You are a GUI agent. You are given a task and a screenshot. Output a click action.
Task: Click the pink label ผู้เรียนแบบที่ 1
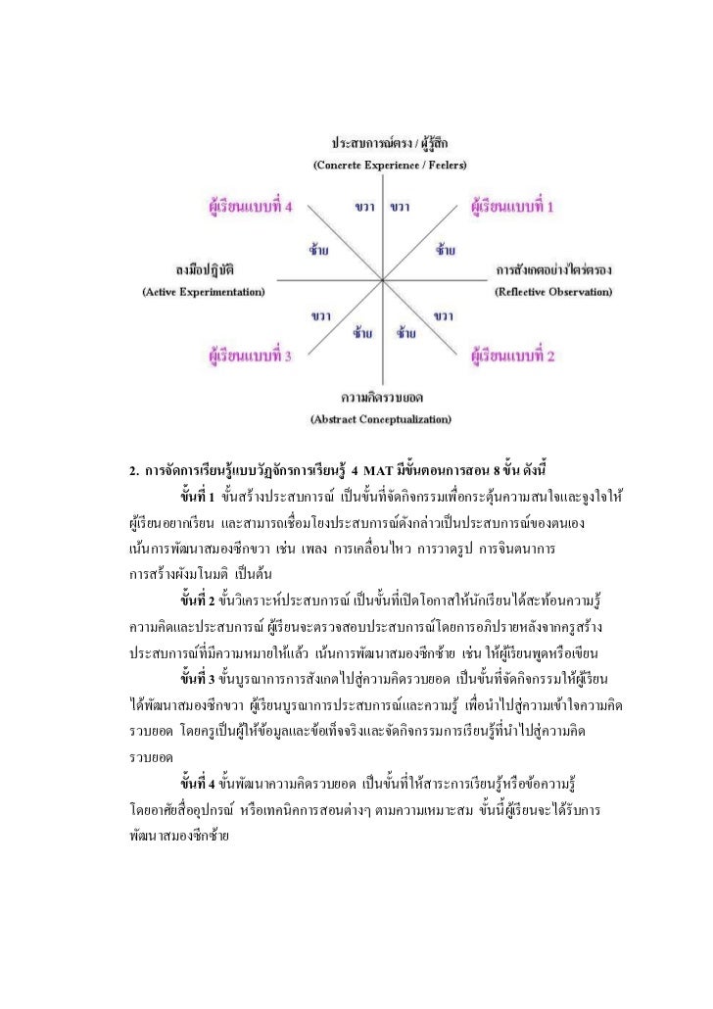(x=512, y=208)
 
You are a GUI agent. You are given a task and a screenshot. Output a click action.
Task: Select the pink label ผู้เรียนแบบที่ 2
(x=512, y=356)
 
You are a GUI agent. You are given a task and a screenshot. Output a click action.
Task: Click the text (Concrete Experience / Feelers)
(x=389, y=164)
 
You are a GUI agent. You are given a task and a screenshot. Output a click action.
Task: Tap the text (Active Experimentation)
(x=204, y=292)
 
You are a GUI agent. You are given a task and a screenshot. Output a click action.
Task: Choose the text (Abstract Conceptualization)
(x=380, y=419)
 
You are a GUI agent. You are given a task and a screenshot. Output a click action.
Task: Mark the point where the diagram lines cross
(x=382, y=279)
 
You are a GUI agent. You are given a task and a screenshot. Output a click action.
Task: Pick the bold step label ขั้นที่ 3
(x=198, y=677)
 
